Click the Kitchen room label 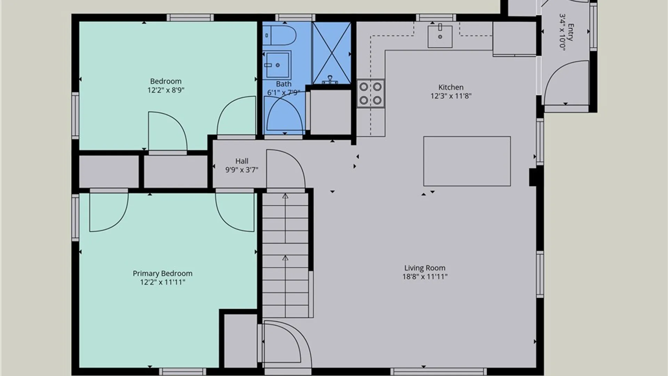pyautogui.click(x=451, y=87)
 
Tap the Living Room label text pyautogui.click(x=425, y=268)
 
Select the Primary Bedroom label pyautogui.click(x=162, y=274)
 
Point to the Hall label pyautogui.click(x=242, y=161)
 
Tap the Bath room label pyautogui.click(x=284, y=84)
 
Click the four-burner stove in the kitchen pyautogui.click(x=371, y=93)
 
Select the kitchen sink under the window pyautogui.click(x=440, y=36)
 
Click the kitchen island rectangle pyautogui.click(x=467, y=161)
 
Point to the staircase pyautogui.click(x=285, y=255)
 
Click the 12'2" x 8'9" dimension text pyautogui.click(x=166, y=90)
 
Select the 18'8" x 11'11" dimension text pyautogui.click(x=425, y=277)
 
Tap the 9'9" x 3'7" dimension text pyautogui.click(x=242, y=170)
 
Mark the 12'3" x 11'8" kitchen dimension pyautogui.click(x=451, y=96)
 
